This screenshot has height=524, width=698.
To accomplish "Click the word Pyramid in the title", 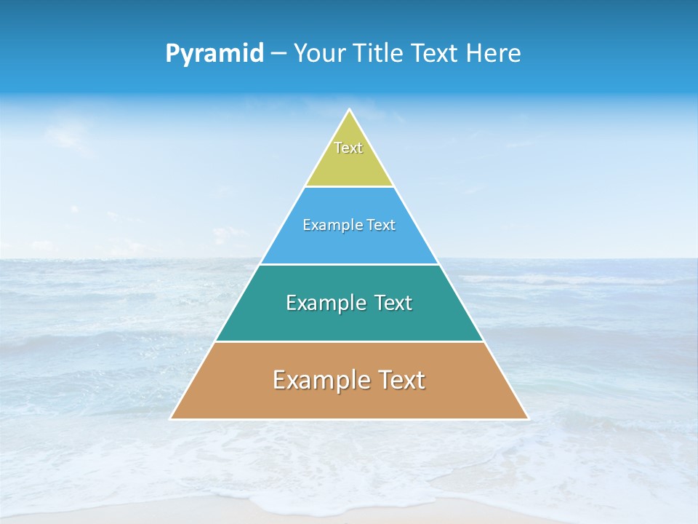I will (x=214, y=54).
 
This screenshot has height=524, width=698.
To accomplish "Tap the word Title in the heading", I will (x=381, y=53).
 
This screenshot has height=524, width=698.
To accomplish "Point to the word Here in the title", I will (x=494, y=53).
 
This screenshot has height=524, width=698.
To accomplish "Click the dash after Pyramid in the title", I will (x=278, y=54).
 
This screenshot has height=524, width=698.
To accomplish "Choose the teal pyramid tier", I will (x=349, y=320).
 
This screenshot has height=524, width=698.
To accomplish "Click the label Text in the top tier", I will (x=348, y=148).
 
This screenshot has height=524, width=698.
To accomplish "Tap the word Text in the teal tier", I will (x=393, y=303).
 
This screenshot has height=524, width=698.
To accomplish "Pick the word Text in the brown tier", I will (x=400, y=380).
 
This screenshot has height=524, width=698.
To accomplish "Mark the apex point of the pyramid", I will (x=349, y=110).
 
